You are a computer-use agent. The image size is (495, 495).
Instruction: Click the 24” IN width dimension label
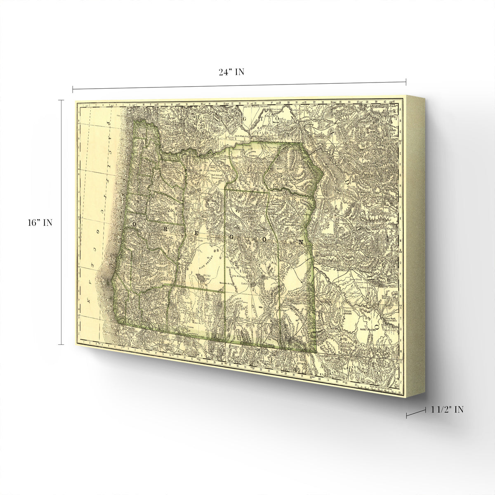[231, 72]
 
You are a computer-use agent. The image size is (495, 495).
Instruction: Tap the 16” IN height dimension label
[38, 223]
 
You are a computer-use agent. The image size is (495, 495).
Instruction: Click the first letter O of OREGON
[134, 223]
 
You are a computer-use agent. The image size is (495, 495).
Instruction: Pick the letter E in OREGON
[197, 233]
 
